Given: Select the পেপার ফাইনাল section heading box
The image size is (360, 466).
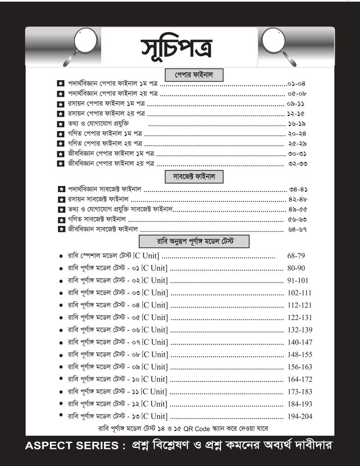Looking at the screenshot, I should (x=194, y=73).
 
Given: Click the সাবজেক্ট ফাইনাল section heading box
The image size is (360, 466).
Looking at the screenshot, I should (x=194, y=176).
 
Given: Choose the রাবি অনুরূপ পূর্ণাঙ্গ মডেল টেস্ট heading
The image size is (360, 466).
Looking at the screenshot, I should (x=194, y=241).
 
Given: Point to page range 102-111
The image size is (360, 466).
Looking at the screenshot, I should (x=299, y=293).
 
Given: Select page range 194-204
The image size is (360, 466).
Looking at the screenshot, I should (x=300, y=416).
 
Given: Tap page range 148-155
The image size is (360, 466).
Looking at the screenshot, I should (x=300, y=354).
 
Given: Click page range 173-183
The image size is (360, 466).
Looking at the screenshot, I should (x=300, y=392).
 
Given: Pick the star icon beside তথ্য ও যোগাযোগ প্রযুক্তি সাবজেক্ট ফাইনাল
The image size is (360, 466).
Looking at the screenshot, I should (x=61, y=210).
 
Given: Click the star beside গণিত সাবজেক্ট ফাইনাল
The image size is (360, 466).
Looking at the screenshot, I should (x=61, y=220).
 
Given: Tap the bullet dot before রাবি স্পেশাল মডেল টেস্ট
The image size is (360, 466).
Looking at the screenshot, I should (x=61, y=256).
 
